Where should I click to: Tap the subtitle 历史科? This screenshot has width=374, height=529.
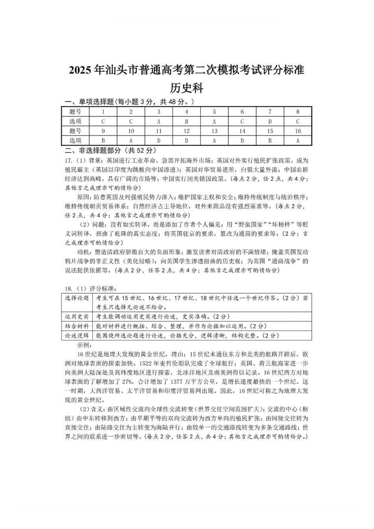click(x=187, y=88)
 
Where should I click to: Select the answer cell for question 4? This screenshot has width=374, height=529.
click(x=187, y=122)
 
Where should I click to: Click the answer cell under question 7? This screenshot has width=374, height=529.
click(x=270, y=122)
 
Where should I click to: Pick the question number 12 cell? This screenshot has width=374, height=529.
click(x=187, y=131)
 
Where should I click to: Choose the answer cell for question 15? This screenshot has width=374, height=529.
click(x=270, y=141)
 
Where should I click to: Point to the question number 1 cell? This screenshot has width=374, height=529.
click(x=103, y=112)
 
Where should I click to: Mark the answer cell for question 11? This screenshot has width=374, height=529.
click(x=159, y=141)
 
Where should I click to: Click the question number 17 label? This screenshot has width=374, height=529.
click(x=68, y=160)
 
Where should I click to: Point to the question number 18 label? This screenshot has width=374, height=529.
click(x=68, y=289)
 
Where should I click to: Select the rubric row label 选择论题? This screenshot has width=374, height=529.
click(x=77, y=298)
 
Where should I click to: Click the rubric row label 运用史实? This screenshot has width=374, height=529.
click(x=77, y=316)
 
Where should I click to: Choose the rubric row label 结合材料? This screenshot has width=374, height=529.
click(x=77, y=326)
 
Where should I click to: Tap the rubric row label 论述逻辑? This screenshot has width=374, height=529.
click(x=77, y=335)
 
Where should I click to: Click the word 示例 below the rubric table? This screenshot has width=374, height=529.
click(x=84, y=345)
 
